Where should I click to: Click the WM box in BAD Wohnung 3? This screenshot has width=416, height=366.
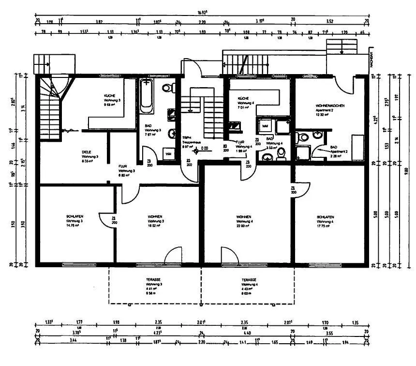pos(168,154)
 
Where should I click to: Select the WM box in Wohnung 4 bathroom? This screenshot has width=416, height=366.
pos(265,126)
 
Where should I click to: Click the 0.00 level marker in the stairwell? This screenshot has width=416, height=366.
pos(205,148)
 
